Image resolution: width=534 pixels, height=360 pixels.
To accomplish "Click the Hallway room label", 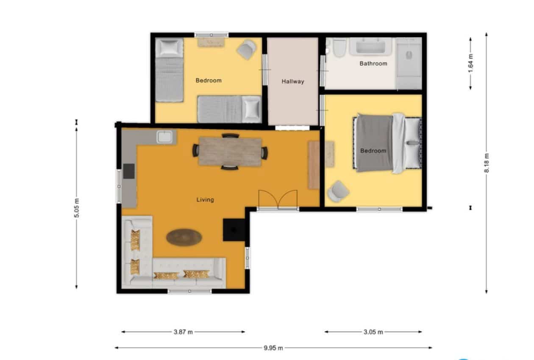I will (293, 81).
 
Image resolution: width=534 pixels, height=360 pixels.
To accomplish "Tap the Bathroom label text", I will (373, 64).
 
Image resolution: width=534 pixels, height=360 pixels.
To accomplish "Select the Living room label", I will (205, 199).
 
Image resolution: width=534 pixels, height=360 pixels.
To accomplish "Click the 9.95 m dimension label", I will (273, 348).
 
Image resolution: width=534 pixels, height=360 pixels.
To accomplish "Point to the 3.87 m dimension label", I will (183, 332).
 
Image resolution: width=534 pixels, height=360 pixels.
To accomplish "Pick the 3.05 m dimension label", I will (373, 332).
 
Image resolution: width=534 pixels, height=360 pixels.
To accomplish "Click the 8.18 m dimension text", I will (487, 163).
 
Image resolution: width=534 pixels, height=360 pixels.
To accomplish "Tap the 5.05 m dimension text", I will (77, 208).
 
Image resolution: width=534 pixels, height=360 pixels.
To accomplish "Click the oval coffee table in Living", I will (184, 237).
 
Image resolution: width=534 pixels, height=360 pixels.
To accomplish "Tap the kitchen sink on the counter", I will (164, 137).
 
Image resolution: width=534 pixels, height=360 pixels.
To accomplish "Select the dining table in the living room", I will (230, 152).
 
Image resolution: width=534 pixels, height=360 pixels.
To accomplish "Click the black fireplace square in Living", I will (234, 230).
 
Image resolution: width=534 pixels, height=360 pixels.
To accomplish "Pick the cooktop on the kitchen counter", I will (128, 171).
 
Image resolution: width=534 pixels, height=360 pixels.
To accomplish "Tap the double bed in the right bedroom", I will (386, 143).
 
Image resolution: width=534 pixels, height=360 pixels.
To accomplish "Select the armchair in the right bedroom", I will (338, 191).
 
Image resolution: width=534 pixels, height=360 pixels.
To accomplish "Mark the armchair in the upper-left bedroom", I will (247, 49).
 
